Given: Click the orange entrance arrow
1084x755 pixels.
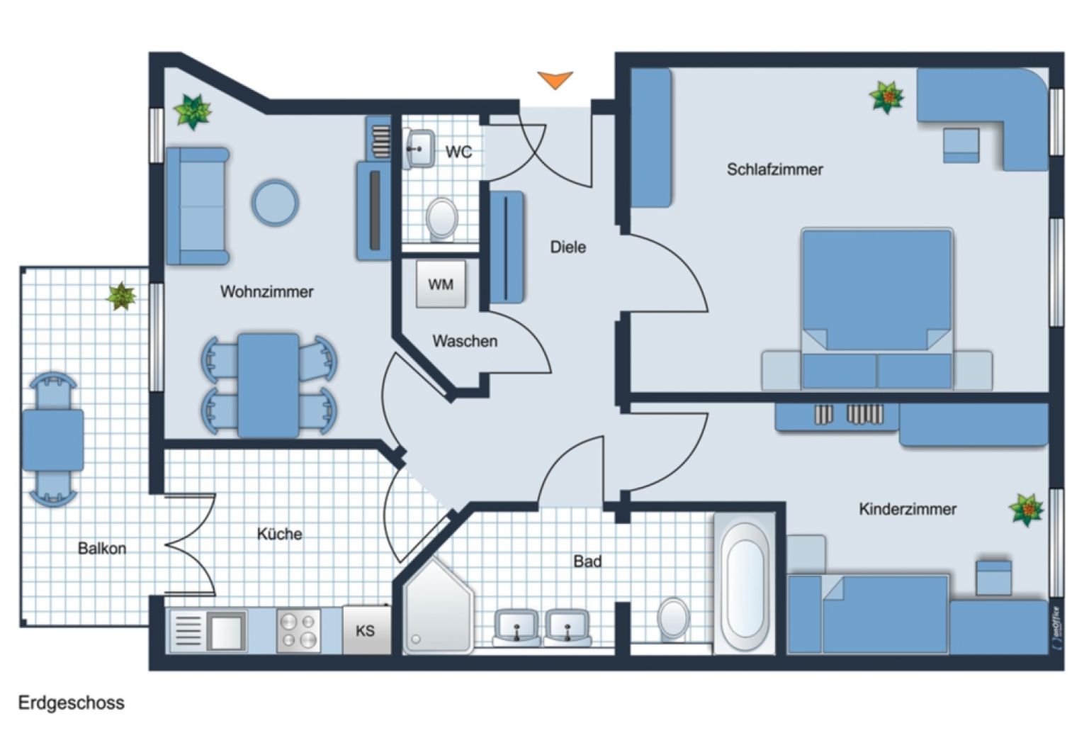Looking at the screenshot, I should click(x=555, y=79).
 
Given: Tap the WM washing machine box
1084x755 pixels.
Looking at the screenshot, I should click(x=441, y=284).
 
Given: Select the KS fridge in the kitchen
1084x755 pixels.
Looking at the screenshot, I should click(x=366, y=630).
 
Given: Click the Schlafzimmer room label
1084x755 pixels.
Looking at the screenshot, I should click(x=774, y=169).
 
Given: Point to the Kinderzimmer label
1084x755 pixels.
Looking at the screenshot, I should click(x=907, y=509).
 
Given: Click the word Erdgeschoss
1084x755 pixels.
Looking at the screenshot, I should click(x=71, y=703).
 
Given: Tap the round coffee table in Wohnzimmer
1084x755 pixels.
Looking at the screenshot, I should click(x=275, y=203).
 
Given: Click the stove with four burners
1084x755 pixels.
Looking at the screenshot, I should click(x=298, y=630).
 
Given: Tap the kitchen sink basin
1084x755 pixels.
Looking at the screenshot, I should click(x=226, y=630).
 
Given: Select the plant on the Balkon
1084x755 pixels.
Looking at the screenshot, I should click(x=121, y=296).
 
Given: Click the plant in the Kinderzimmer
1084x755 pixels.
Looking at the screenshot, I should click(x=1026, y=509).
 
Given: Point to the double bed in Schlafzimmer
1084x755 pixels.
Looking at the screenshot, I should click(x=876, y=305).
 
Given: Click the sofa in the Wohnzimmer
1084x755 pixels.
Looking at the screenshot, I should click(x=197, y=206).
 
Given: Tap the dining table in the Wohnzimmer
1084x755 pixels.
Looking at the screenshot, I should click(x=268, y=385).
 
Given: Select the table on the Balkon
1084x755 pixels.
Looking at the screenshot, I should click(x=52, y=440).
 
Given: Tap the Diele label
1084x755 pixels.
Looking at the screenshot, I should click(x=568, y=247).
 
